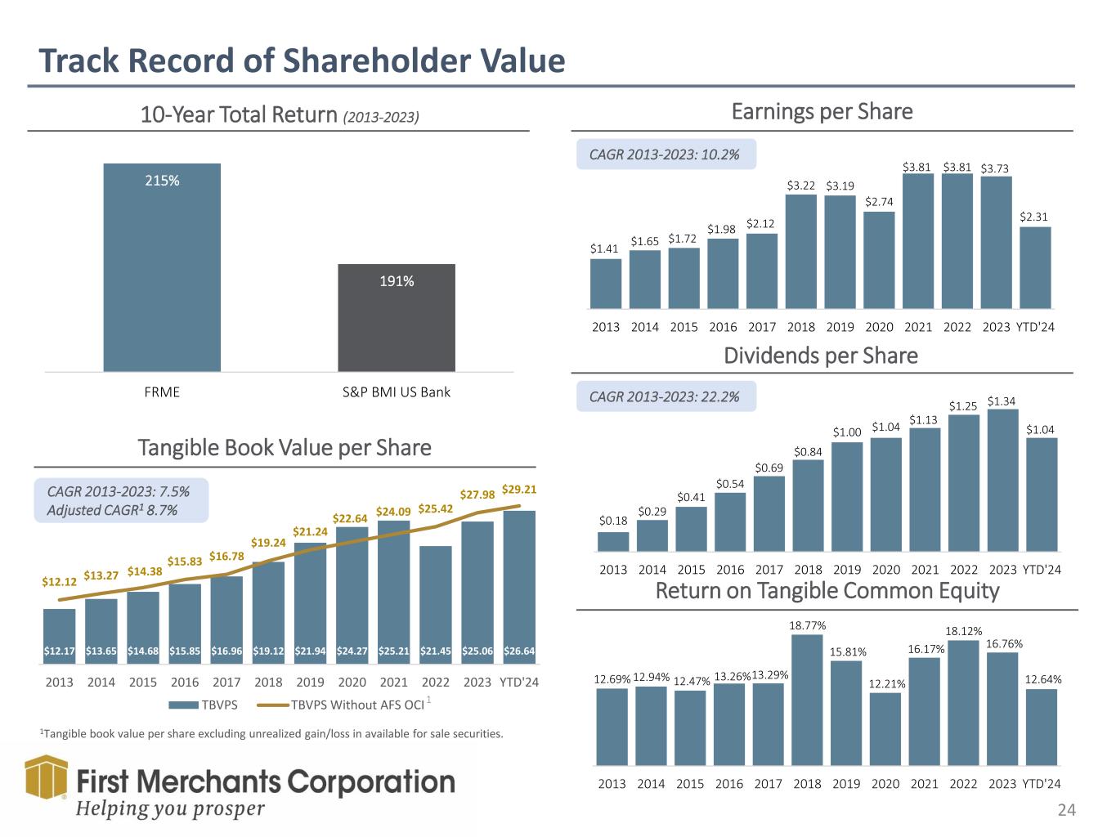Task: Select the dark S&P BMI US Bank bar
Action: click(397, 318)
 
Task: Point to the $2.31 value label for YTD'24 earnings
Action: click(1034, 217)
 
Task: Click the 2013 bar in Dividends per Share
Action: click(613, 542)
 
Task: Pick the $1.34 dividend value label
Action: click(1002, 401)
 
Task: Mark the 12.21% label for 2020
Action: click(885, 683)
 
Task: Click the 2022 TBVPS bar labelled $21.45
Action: click(435, 605)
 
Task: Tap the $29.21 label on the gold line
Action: click(518, 490)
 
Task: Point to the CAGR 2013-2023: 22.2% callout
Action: click(666, 396)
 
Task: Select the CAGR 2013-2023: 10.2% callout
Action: click(666, 154)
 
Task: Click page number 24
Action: click(1066, 811)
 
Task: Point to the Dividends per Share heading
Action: click(821, 356)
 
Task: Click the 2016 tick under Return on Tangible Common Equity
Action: click(729, 784)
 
